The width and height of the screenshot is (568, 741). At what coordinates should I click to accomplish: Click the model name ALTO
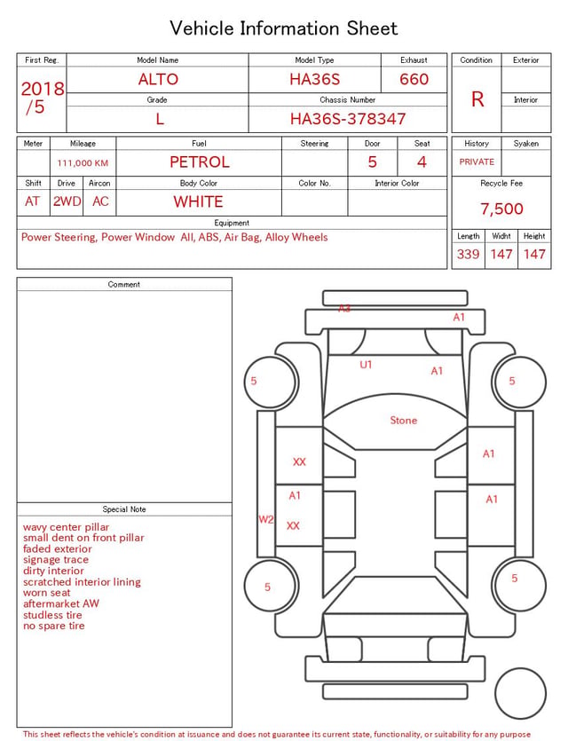pyautogui.click(x=158, y=79)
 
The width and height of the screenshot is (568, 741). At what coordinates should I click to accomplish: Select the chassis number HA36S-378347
pyautogui.click(x=348, y=119)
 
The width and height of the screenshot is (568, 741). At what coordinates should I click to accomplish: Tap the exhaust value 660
pyautogui.click(x=414, y=79)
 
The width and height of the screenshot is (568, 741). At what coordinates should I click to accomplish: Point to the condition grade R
pyautogui.click(x=477, y=99)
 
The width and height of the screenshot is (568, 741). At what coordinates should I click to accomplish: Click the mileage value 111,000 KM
pyautogui.click(x=83, y=163)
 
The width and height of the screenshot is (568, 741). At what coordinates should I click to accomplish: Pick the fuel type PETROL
pyautogui.click(x=200, y=162)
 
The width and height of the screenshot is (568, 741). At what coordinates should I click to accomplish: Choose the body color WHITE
pyautogui.click(x=198, y=201)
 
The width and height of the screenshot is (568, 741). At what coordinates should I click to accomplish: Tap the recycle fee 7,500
pyautogui.click(x=501, y=209)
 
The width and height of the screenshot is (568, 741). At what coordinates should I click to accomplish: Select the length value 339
pyautogui.click(x=468, y=254)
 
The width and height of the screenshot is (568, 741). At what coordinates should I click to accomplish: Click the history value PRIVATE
pyautogui.click(x=477, y=162)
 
